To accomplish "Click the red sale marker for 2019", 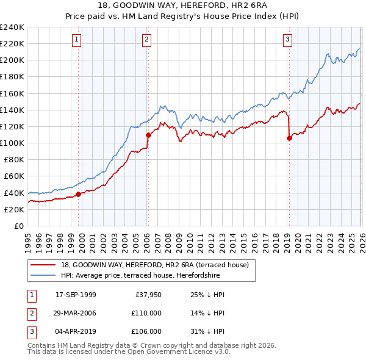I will point(289,138).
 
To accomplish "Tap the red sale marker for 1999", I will point(78,195).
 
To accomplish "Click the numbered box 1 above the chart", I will point(77,40).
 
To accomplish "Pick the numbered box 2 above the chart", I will point(147,40).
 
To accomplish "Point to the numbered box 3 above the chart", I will point(287,40).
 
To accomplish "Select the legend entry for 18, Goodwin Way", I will point(155,265).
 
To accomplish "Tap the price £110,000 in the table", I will point(146,313).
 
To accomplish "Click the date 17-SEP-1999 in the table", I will point(76,295).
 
